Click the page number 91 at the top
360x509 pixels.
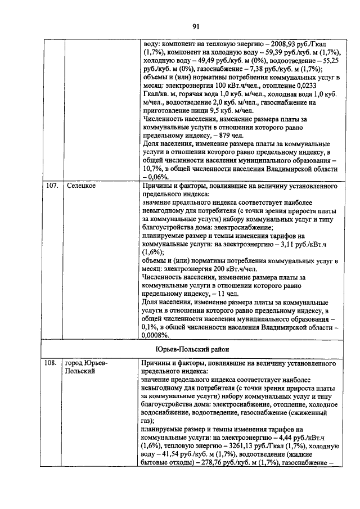(x=196, y=26)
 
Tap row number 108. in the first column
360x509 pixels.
(x=52, y=363)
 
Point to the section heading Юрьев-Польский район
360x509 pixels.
(x=196, y=349)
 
